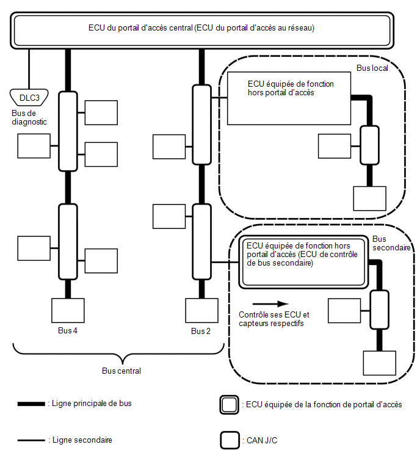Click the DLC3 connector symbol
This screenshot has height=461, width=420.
pyautogui.click(x=29, y=97)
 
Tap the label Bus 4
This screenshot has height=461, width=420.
pyautogui.click(x=68, y=330)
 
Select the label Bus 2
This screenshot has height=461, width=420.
pyautogui.click(x=201, y=331)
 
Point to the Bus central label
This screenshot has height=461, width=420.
pyautogui.click(x=121, y=371)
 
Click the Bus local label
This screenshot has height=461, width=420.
pyautogui.click(x=372, y=68)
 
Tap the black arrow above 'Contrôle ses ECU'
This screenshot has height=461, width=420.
pyautogui.click(x=270, y=303)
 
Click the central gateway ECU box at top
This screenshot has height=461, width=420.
pyautogui.click(x=202, y=31)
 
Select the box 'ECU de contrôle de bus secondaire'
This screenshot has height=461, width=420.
pyautogui.click(x=303, y=262)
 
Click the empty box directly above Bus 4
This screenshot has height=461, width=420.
pyautogui.click(x=68, y=310)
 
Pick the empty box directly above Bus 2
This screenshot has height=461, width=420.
pyautogui.click(x=201, y=310)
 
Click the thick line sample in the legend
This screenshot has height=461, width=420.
pyautogui.click(x=31, y=404)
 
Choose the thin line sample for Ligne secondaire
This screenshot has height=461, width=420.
pyautogui.click(x=31, y=440)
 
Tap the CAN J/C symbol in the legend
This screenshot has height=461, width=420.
pyautogui.click(x=230, y=440)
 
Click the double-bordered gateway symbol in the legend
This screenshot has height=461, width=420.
pyautogui.click(x=230, y=405)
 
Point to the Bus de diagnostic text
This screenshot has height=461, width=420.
pyautogui.click(x=29, y=118)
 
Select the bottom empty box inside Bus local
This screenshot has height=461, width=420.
pyautogui.click(x=369, y=198)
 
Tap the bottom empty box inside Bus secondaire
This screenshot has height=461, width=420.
pyautogui.click(x=380, y=363)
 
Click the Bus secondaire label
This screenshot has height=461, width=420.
pyautogui.click(x=391, y=243)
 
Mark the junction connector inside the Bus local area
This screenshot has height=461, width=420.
pyautogui.click(x=369, y=145)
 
